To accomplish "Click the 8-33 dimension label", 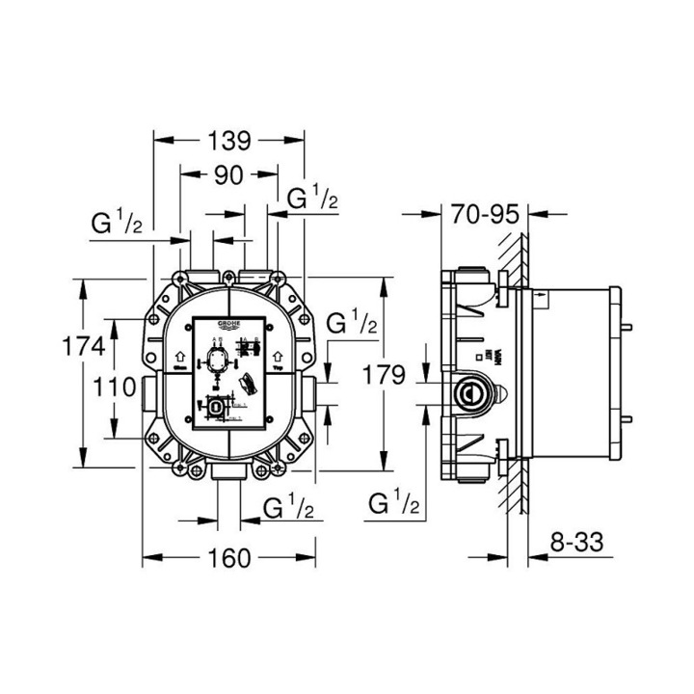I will [574, 543].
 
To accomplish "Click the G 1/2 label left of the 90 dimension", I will [118, 225].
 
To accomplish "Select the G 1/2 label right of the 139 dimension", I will [313, 200].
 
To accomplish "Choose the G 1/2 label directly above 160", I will [286, 507].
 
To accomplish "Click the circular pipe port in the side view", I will [470, 393].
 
